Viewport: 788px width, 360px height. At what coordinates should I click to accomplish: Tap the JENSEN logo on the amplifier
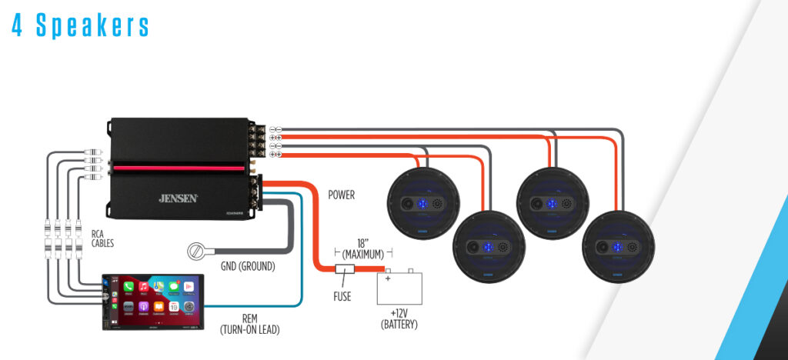click(x=179, y=198)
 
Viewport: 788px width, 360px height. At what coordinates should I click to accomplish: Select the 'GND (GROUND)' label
click(x=247, y=267)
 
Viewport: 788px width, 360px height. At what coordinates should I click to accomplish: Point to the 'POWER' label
click(x=342, y=195)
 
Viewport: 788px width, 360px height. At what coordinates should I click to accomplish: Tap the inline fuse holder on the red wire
click(x=343, y=269)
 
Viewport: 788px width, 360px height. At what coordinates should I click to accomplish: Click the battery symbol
click(x=399, y=288)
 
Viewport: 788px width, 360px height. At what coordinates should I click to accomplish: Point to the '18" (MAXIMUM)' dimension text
click(x=363, y=247)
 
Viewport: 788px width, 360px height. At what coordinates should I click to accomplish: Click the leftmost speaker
click(x=422, y=204)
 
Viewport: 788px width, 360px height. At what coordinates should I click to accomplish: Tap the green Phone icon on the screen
click(x=128, y=286)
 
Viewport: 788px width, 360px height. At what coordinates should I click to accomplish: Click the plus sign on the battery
click(x=389, y=278)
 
